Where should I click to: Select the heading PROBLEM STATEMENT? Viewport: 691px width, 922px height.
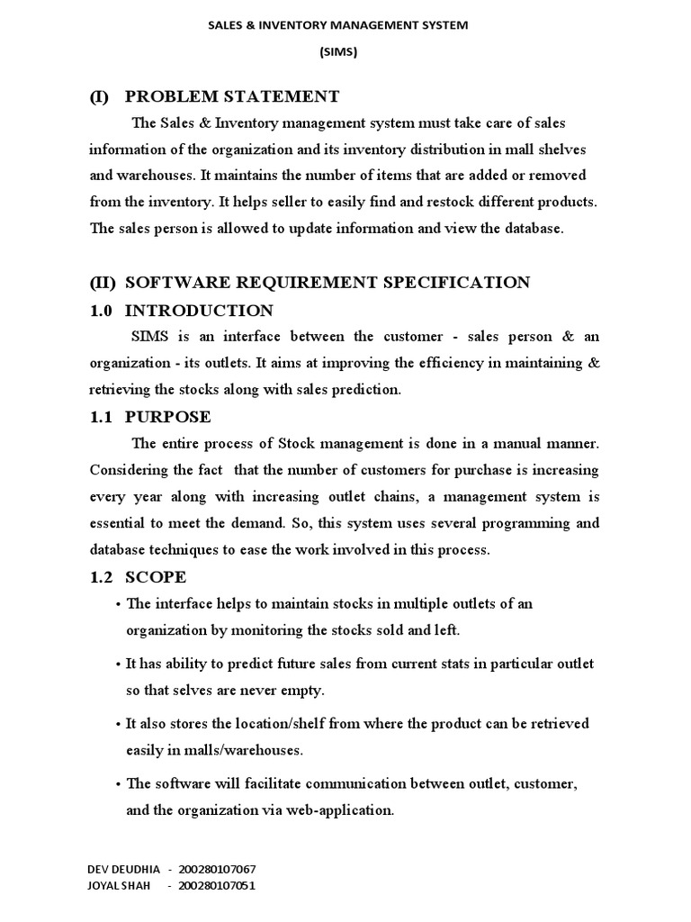click(x=232, y=96)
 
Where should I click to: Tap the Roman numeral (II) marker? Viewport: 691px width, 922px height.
click(x=103, y=283)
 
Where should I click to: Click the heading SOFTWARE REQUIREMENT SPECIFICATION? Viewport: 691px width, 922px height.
click(x=328, y=283)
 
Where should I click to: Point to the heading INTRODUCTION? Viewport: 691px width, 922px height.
click(x=199, y=311)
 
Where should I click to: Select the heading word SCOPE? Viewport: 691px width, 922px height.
click(x=156, y=577)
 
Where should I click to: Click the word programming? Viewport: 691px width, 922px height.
click(x=519, y=523)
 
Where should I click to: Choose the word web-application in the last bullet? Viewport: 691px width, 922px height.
click(x=340, y=809)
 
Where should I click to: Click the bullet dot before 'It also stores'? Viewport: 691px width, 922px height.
click(x=118, y=724)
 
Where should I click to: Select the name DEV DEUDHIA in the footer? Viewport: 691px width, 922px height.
click(x=123, y=870)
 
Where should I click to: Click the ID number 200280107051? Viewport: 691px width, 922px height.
click(x=217, y=886)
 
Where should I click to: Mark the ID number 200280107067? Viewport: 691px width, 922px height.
click(x=217, y=870)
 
